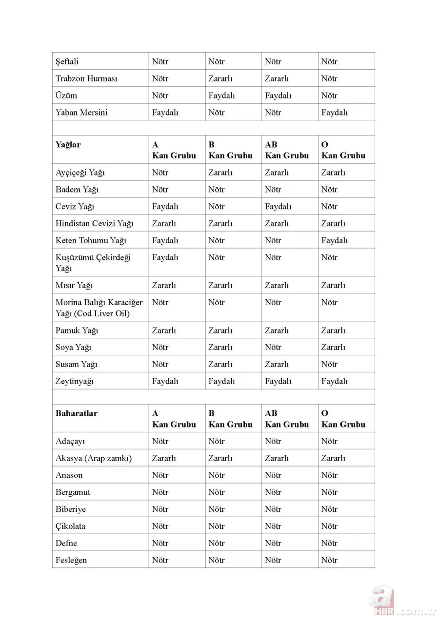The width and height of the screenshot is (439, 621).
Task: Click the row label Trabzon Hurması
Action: click(86, 78)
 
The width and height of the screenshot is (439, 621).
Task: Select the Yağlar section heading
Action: click(68, 145)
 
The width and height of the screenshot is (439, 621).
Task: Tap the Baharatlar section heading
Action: click(77, 413)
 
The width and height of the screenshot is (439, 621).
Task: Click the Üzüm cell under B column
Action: click(221, 96)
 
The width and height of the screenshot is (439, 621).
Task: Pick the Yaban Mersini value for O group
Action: click(334, 113)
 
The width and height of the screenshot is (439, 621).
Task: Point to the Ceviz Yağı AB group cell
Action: click(278, 207)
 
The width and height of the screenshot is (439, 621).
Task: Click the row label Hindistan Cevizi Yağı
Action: click(94, 224)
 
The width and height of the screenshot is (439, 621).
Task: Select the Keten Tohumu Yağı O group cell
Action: click(334, 240)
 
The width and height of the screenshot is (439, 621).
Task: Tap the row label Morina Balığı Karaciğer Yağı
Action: click(99, 308)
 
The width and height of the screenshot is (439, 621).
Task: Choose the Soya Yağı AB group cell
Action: click(273, 348)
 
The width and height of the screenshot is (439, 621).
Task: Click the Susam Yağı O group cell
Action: click(329, 365)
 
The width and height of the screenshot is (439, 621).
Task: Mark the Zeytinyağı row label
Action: click(75, 381)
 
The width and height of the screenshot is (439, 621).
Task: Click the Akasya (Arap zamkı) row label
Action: click(94, 458)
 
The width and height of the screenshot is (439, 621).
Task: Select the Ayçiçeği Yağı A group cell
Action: click(160, 173)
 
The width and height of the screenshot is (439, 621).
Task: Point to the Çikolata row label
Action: click(70, 526)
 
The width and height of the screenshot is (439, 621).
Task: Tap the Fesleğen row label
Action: click(71, 560)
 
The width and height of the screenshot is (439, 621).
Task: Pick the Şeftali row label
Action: click(67, 61)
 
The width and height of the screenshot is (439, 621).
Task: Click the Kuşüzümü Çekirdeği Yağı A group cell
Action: click(165, 257)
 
